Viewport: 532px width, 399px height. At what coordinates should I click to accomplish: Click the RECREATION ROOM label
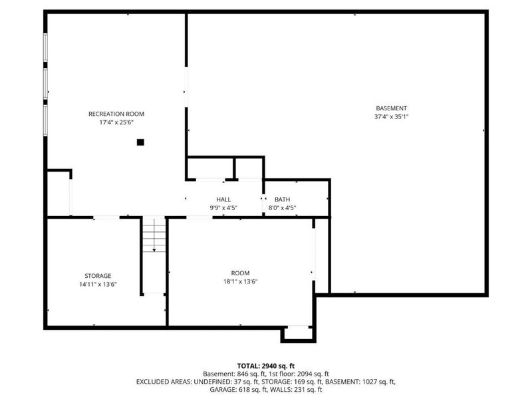(x=116, y=114)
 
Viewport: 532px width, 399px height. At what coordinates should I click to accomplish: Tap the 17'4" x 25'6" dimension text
(x=116, y=122)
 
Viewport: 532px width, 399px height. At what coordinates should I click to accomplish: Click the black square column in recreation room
(x=140, y=142)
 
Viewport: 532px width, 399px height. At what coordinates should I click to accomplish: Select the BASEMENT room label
(x=391, y=108)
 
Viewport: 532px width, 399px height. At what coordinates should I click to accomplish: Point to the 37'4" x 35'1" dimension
(x=391, y=116)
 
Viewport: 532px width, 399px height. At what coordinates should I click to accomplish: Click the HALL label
(x=223, y=199)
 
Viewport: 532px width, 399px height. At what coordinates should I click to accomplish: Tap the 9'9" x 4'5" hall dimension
(x=223, y=208)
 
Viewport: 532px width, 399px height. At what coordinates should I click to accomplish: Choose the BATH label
(x=283, y=199)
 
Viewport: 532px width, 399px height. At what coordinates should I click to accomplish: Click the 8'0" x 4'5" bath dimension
(x=283, y=208)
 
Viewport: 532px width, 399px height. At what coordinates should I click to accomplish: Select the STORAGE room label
(x=98, y=275)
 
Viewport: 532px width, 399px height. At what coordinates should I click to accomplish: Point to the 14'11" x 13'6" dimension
(x=98, y=284)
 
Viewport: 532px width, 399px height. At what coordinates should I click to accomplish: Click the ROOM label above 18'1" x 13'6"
(x=240, y=273)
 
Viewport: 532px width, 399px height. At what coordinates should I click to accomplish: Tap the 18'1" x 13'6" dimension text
(x=240, y=281)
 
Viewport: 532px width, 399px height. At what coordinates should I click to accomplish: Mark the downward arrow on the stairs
(x=154, y=247)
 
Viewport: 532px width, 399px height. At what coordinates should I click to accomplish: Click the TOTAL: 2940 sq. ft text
(x=266, y=366)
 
